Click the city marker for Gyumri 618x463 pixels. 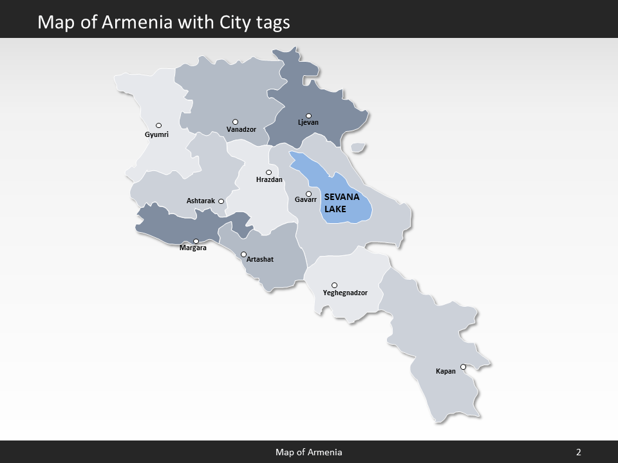tap(158, 125)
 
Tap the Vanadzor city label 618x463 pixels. tap(241, 130)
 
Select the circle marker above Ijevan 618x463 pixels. tap(308, 116)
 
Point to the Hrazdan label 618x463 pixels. tap(269, 180)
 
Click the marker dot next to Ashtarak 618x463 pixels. tap(221, 201)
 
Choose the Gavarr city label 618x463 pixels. tap(306, 200)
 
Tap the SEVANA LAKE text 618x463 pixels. tap(341, 203)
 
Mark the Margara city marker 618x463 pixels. tap(196, 241)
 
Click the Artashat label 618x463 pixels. tap(260, 259)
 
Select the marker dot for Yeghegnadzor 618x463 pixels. tap(334, 285)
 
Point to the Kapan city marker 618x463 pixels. tap(462, 367)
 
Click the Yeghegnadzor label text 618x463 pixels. tap(345, 293)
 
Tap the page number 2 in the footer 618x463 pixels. tap(579, 452)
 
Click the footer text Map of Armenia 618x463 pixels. tap(309, 452)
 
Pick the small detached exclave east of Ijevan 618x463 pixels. tap(359, 148)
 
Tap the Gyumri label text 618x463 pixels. tap(156, 135)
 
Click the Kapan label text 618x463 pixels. tap(445, 371)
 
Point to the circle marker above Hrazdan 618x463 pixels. tap(268, 172)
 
